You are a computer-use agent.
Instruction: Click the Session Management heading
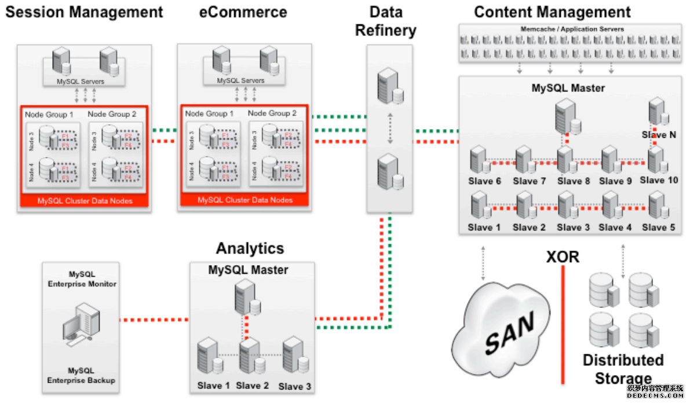84,12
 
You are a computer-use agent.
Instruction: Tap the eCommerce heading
243,12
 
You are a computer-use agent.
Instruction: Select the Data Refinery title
386,21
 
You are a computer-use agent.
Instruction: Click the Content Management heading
553,12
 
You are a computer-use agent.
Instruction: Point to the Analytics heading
250,248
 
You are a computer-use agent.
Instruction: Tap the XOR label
563,256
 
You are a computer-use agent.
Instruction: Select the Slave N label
659,135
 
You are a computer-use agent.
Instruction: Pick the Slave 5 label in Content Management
659,227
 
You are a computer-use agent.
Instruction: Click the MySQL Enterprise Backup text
81,375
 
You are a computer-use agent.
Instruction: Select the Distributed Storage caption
623,369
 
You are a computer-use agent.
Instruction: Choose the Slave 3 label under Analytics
295,386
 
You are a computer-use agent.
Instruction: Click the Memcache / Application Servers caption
571,29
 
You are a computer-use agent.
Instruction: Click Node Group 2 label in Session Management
112,114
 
